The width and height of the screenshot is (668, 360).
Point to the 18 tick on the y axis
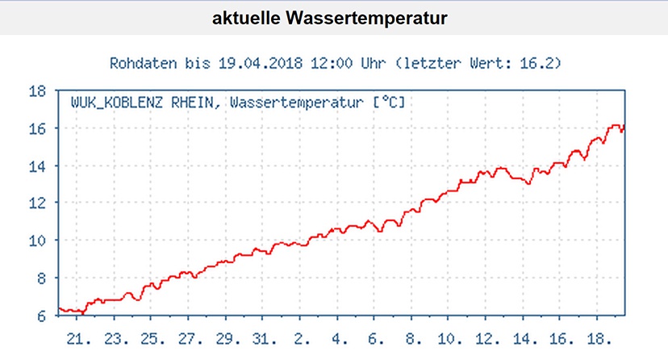37,91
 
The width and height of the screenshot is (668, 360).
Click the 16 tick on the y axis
37,128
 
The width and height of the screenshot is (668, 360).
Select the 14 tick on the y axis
37,166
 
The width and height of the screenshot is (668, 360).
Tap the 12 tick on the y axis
37,203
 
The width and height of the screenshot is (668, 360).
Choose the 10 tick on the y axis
37,241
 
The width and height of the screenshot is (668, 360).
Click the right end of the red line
624,127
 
